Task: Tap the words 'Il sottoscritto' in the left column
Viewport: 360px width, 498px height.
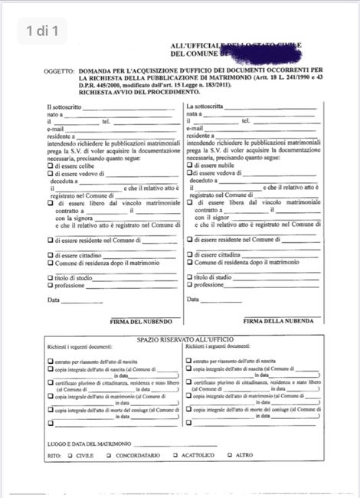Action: pos(66,106)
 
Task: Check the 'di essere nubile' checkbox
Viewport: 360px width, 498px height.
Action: pos(188,165)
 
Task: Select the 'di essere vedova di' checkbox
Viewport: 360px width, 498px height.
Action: pos(188,174)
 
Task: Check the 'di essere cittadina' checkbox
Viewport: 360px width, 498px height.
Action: pos(188,254)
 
